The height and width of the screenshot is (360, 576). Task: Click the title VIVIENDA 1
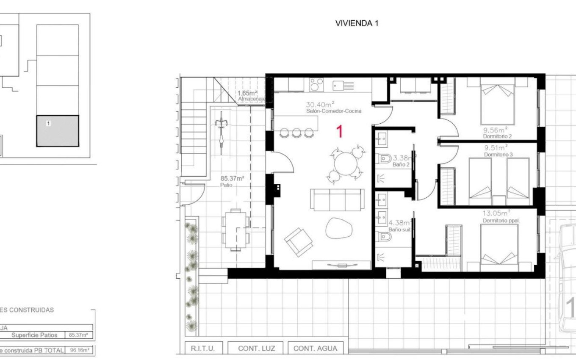click(x=357, y=24)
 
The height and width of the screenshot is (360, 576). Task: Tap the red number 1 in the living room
click(x=339, y=132)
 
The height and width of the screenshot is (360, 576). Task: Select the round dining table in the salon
click(x=346, y=163)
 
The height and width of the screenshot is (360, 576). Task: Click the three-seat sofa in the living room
click(x=337, y=199)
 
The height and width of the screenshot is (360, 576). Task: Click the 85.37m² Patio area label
click(x=232, y=178)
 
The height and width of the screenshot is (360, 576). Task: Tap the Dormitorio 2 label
click(x=498, y=136)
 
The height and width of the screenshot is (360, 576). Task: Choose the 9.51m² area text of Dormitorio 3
click(x=496, y=147)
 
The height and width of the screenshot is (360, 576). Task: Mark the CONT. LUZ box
click(x=256, y=348)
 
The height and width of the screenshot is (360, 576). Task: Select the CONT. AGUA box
click(x=316, y=348)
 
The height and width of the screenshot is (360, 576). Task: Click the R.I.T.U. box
click(x=203, y=348)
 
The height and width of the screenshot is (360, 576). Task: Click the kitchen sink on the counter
click(x=343, y=86)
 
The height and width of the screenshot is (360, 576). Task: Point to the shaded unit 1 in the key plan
click(x=58, y=131)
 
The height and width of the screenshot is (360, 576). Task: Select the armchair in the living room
click(x=298, y=242)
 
